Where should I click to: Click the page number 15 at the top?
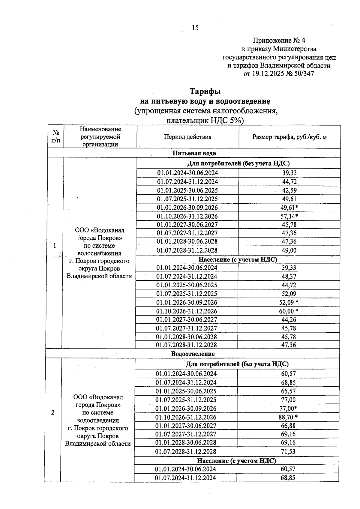click(195, 28)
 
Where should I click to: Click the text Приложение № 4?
click(279, 40)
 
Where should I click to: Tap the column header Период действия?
click(187, 137)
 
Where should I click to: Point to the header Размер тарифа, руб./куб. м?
click(289, 137)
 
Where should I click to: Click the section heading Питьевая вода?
click(194, 153)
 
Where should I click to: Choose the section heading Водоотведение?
click(193, 354)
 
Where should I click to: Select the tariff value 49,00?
click(289, 250)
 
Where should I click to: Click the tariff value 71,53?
click(288, 451)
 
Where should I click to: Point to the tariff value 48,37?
click(289, 276)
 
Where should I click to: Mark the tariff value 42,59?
click(289, 190)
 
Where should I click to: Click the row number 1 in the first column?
click(55, 245)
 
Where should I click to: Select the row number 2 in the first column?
click(53, 412)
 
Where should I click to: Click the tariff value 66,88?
click(288, 426)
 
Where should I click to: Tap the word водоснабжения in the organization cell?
click(99, 253)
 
